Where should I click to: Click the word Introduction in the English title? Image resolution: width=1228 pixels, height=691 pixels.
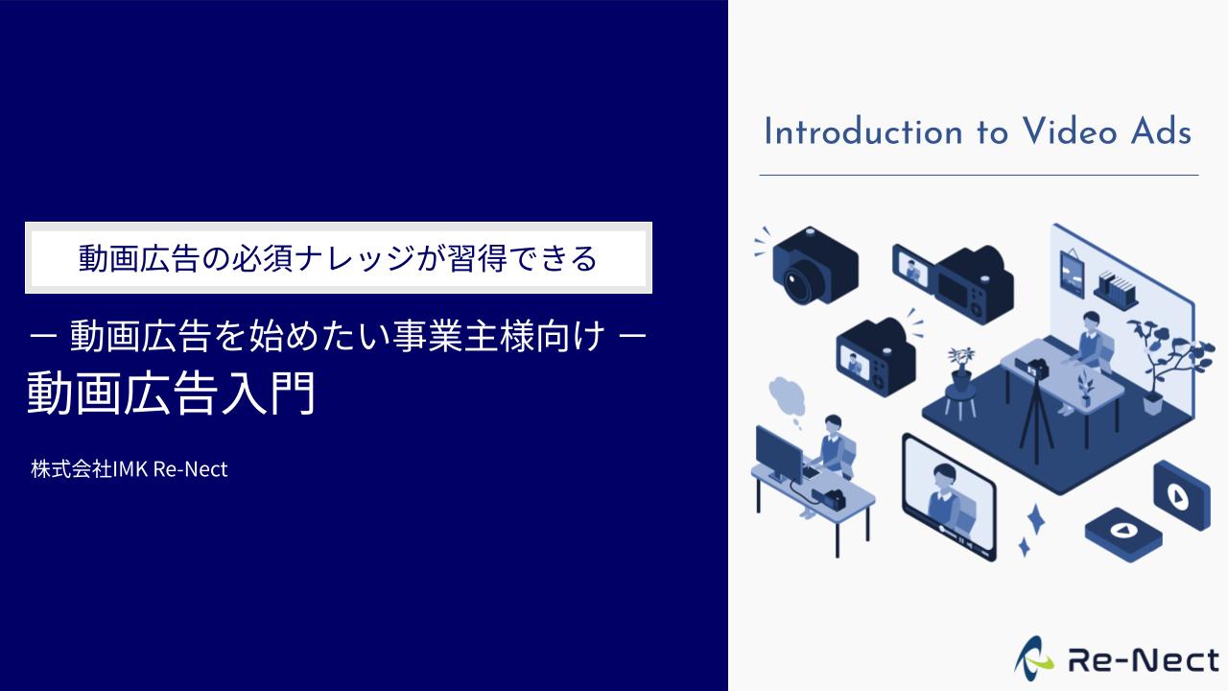coord(862,132)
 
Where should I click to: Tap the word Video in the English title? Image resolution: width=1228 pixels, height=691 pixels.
coord(1070,132)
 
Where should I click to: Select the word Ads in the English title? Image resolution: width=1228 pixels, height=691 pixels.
coord(1161,132)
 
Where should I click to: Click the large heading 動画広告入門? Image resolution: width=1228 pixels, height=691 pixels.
coord(171,393)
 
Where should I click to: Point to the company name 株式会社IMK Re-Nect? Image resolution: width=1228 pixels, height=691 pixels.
coord(130,469)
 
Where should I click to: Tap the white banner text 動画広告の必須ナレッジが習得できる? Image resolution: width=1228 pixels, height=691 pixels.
coord(338,258)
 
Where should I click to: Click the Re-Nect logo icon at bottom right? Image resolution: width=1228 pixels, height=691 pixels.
coord(1033,659)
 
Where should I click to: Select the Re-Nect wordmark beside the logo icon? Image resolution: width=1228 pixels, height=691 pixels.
coord(1143,660)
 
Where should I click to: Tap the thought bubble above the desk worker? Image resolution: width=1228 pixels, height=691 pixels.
coord(786,397)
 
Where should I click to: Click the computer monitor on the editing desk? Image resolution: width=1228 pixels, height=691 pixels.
coord(778,454)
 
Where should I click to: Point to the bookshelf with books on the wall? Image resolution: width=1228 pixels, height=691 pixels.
coord(1115,289)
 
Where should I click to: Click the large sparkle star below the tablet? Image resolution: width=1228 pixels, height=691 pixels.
coord(1036,519)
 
